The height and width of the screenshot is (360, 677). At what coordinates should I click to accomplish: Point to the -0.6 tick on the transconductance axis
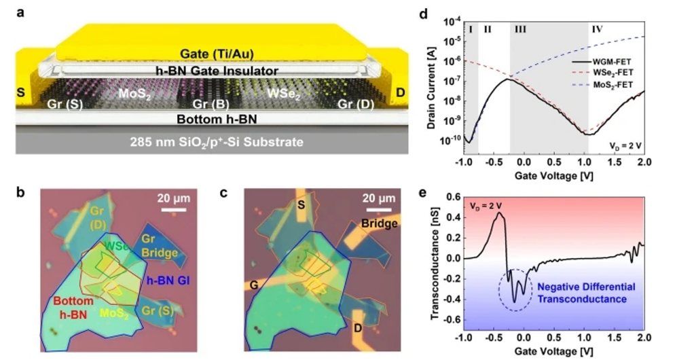[451, 320]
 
